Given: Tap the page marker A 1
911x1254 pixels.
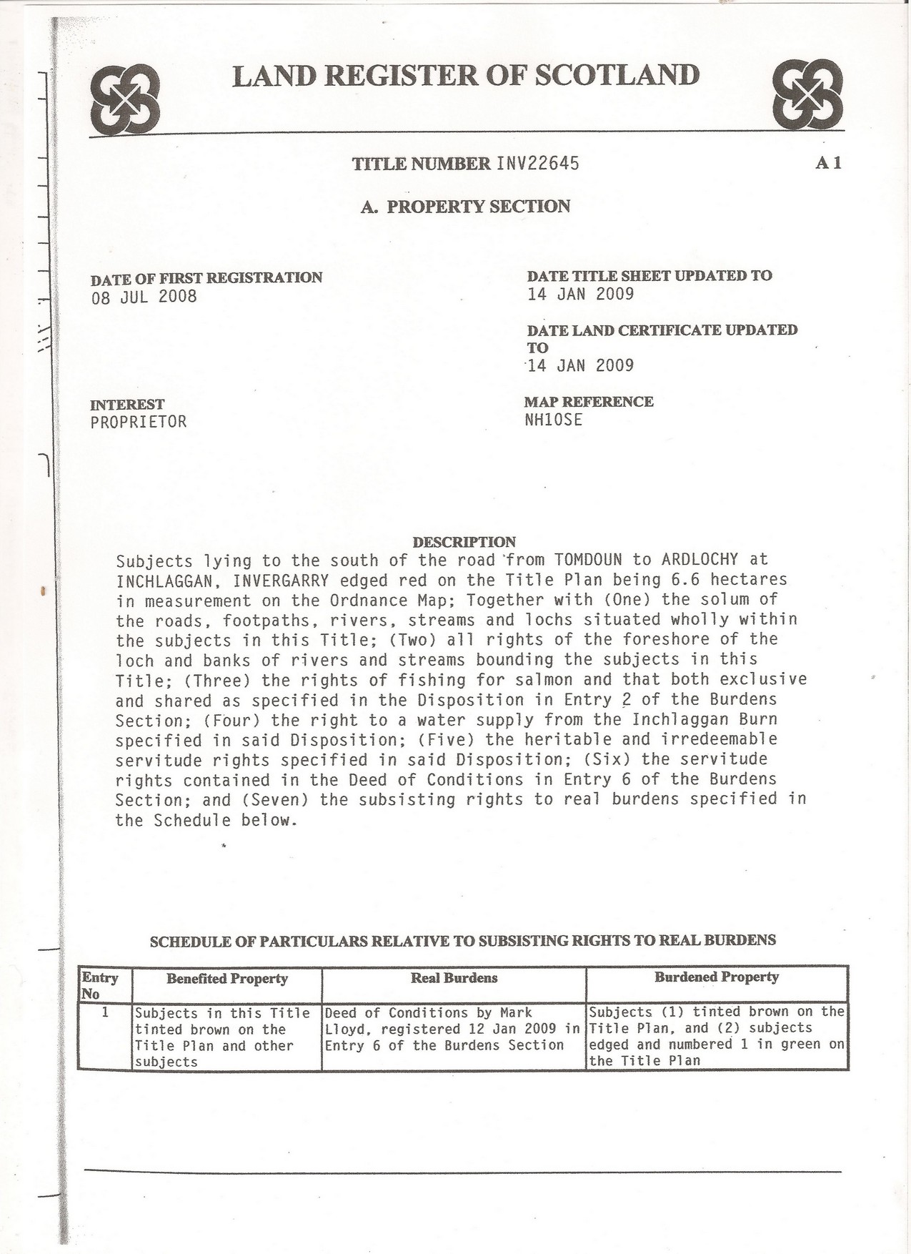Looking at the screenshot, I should pyautogui.click(x=828, y=163).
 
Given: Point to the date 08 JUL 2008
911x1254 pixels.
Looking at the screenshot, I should pyautogui.click(x=144, y=296).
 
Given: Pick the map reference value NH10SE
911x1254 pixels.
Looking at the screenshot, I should pyautogui.click(x=553, y=420).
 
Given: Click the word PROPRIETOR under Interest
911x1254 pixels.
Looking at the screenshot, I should pyautogui.click(x=138, y=422).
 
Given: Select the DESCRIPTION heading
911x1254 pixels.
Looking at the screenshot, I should pyautogui.click(x=464, y=542).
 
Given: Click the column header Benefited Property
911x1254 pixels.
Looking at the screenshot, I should pyautogui.click(x=226, y=978).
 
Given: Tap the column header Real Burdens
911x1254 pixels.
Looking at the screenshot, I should pyautogui.click(x=454, y=977).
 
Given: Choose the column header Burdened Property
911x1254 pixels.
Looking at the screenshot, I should pyautogui.click(x=716, y=977).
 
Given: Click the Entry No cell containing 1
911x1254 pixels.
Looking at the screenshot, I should pyautogui.click(x=104, y=1012).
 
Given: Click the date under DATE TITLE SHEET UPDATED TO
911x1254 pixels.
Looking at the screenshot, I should pyautogui.click(x=580, y=294).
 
